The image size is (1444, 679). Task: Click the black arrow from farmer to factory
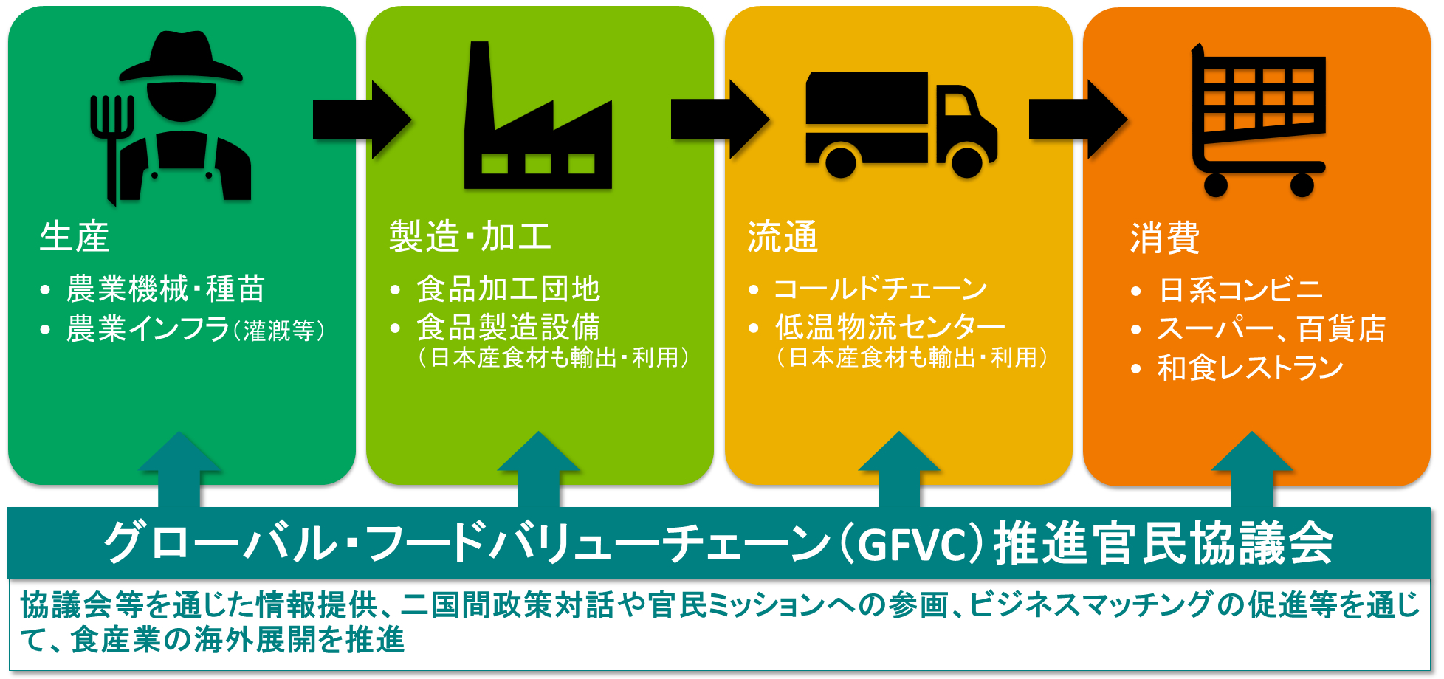point(360,120)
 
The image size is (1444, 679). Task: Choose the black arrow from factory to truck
point(718,120)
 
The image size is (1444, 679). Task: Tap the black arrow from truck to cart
point(1077,120)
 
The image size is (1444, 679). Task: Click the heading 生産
point(75,238)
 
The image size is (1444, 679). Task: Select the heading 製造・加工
point(470,238)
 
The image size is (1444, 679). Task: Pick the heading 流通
point(783,238)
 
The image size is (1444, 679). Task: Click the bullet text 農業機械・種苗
point(165,289)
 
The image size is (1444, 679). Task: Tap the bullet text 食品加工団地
point(509,289)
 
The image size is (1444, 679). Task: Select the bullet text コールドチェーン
point(880,289)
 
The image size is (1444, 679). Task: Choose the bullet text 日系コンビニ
point(1241,290)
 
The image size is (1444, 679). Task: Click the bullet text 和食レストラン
point(1250,368)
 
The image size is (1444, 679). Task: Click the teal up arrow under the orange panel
point(1252,469)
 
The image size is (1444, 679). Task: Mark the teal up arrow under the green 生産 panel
point(179,469)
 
